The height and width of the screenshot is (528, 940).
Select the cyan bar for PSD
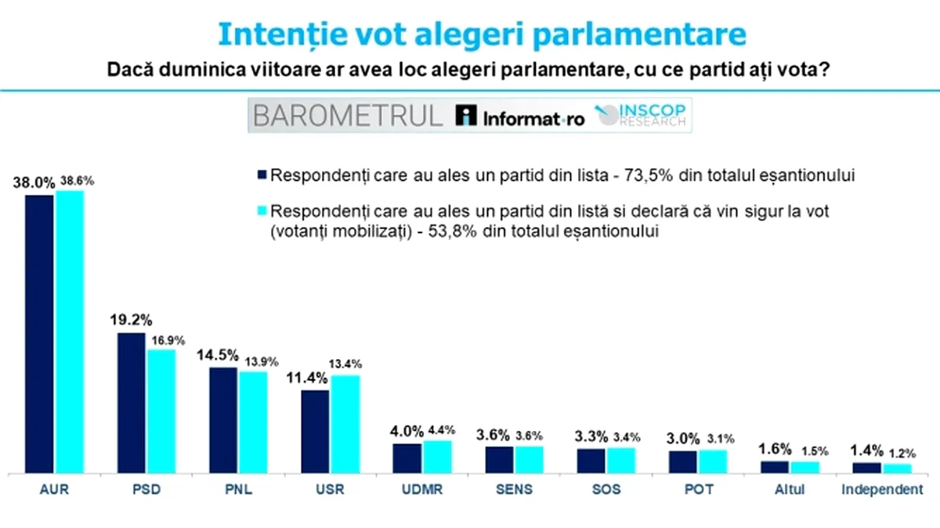point(161,411)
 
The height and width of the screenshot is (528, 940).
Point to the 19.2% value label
point(131,321)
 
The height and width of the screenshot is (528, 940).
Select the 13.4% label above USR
point(345,364)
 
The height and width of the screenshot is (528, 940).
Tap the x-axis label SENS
point(515,490)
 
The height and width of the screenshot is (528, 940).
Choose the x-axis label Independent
point(881,490)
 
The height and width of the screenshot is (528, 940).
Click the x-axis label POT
point(698,490)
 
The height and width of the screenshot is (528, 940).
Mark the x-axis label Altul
point(790,490)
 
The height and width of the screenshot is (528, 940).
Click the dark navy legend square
point(262,176)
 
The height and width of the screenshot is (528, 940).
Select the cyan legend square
point(262,211)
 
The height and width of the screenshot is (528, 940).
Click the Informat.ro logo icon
point(466,116)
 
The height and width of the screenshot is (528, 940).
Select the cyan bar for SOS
point(621,460)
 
